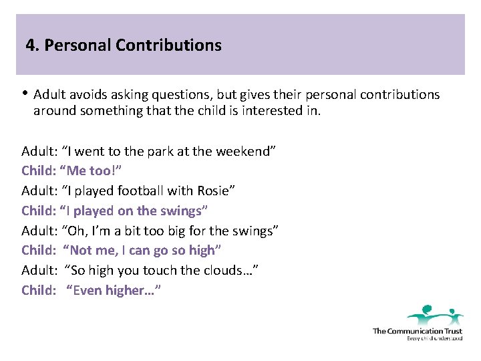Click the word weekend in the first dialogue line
tap(245, 151)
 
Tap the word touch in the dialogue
tap(176, 270)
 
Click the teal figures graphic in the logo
tap(435, 315)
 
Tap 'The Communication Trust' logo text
tap(417, 331)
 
